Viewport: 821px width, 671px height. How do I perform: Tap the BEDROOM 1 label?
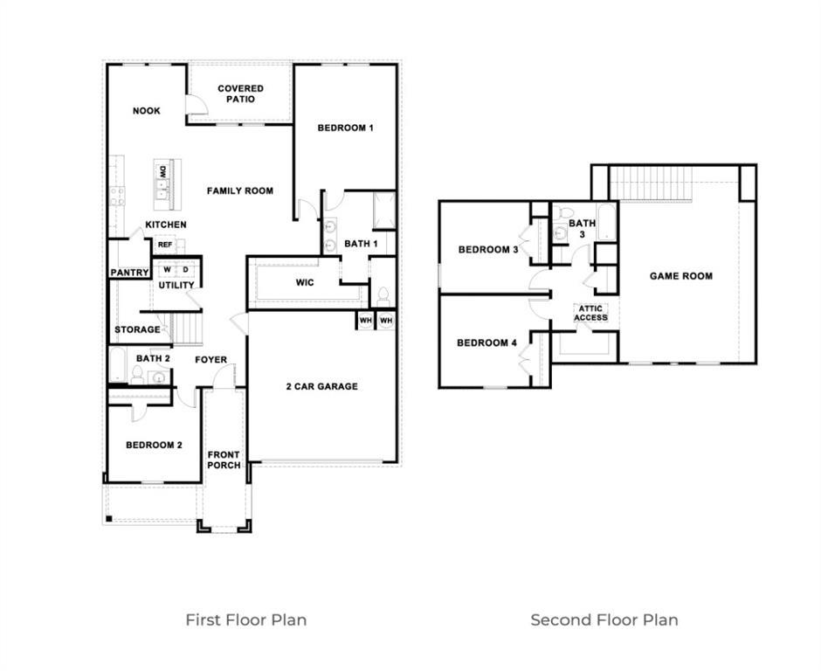click(345, 128)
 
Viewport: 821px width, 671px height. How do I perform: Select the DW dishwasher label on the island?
click(162, 172)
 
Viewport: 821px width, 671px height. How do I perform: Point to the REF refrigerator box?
click(165, 245)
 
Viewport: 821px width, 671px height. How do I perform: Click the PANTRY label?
click(129, 273)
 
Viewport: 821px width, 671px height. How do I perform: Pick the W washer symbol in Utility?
click(168, 269)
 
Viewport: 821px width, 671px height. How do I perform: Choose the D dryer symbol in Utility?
click(185, 269)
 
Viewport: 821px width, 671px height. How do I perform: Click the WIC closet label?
click(305, 283)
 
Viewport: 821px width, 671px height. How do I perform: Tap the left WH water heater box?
click(365, 321)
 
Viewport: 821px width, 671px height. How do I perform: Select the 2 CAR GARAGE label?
click(322, 386)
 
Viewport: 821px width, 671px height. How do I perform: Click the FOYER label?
click(210, 360)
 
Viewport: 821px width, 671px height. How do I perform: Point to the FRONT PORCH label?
click(224, 460)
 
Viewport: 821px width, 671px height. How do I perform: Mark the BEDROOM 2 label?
click(154, 446)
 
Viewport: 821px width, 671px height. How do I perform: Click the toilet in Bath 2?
click(137, 376)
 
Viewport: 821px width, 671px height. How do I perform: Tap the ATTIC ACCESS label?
click(590, 313)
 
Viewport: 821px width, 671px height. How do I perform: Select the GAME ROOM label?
click(680, 276)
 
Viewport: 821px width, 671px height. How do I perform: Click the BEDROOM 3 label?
click(488, 250)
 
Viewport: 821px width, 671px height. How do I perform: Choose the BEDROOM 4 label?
click(486, 343)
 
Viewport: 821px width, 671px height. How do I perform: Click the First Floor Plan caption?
click(245, 619)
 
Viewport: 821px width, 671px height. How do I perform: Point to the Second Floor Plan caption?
click(604, 619)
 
